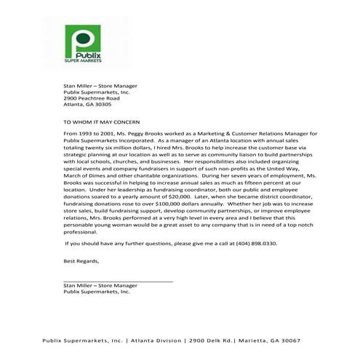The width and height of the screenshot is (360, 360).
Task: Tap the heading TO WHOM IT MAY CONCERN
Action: (x=102, y=124)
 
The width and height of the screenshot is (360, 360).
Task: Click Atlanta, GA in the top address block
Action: (x=78, y=106)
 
